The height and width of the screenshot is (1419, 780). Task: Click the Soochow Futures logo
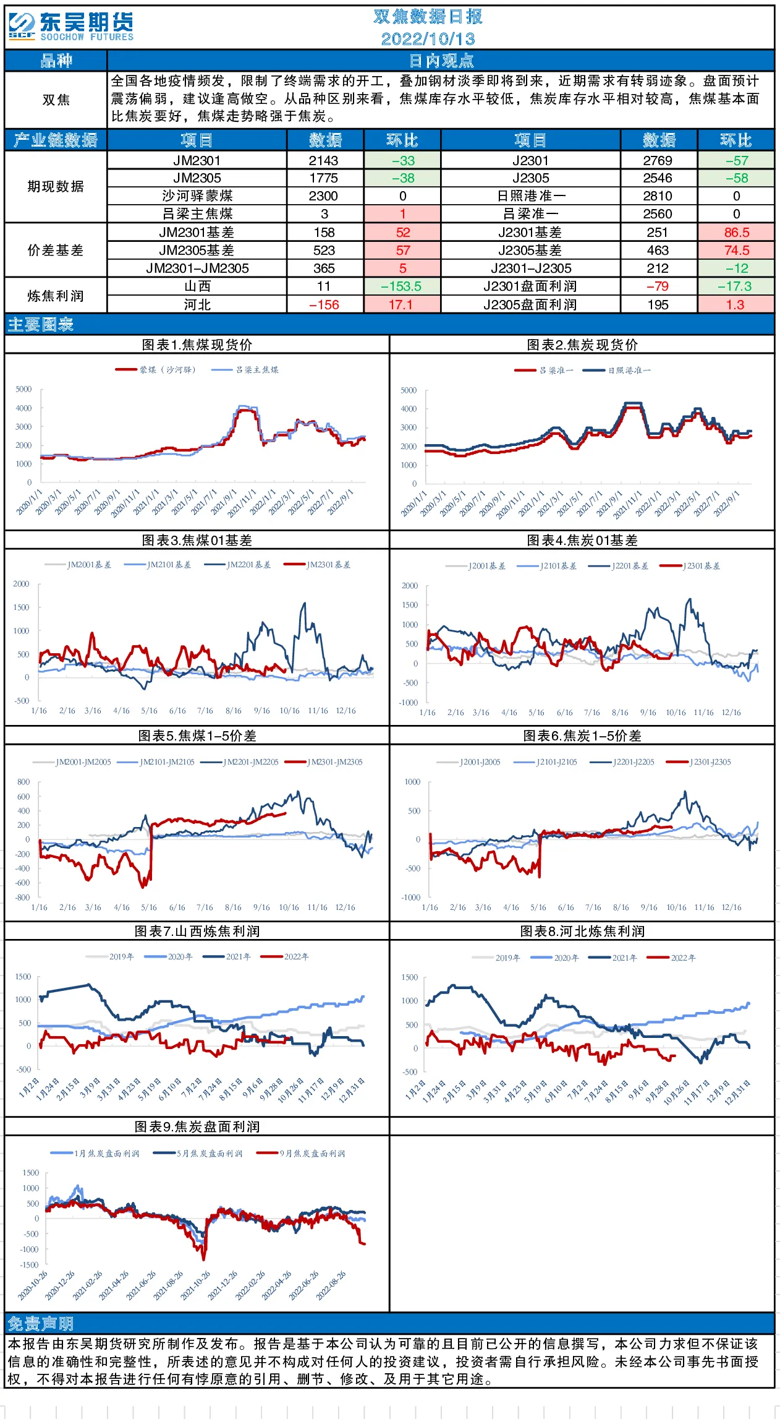coord(71,27)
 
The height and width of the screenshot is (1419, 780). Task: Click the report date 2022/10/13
coord(428,39)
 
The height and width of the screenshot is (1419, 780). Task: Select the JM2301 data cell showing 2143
coord(323,161)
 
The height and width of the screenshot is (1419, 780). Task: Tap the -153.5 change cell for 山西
coord(402,286)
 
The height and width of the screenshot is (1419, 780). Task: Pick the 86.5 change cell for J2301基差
coord(736,233)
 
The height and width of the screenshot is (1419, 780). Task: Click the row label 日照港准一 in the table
coord(531,196)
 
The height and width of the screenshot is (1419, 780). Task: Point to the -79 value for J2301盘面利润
coord(658,286)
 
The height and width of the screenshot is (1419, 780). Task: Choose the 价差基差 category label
coord(56,250)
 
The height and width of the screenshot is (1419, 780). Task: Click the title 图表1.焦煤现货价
coord(197,345)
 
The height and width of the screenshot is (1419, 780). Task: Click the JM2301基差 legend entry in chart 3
coord(317,565)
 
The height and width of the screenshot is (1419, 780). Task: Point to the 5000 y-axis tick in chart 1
coord(23,389)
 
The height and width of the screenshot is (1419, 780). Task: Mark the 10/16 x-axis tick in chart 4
coord(676,713)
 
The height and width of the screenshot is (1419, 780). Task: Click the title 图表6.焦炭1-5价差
coord(582,735)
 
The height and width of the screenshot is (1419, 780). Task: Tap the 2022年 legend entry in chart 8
coord(671,958)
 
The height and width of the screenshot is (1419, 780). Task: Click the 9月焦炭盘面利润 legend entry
coord(301,1154)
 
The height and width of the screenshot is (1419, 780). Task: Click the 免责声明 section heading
coord(40,1323)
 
